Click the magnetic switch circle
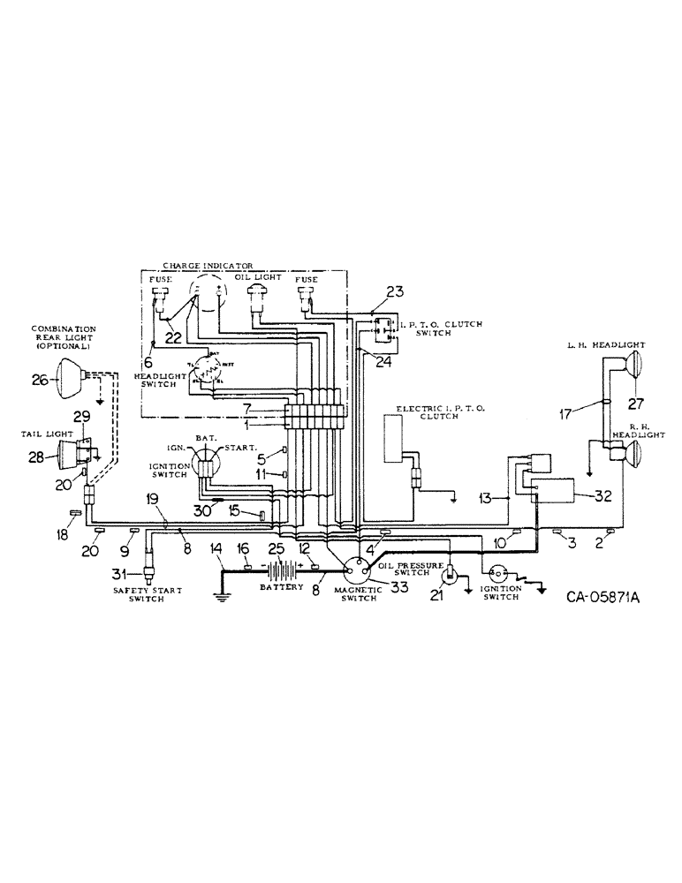coord(357,573)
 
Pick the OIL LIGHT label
coord(258,276)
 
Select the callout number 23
coord(394,291)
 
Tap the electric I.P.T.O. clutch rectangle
coord(392,437)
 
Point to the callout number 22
coord(177,337)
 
